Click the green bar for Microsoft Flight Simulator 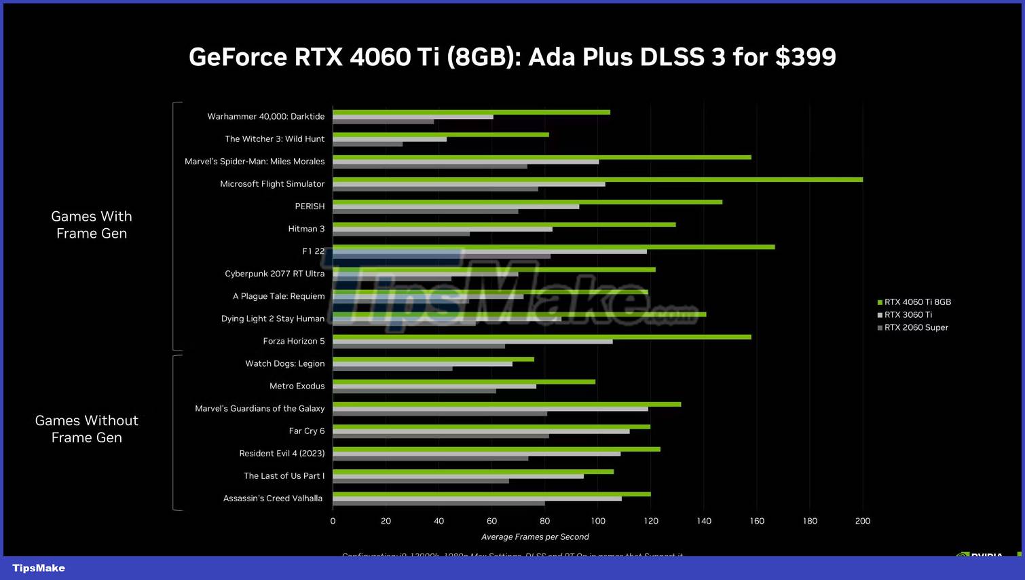(597, 179)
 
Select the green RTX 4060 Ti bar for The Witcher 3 (441, 134)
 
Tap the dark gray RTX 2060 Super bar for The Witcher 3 (367, 144)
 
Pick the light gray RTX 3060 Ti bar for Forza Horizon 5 (472, 342)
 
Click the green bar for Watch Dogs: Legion (433, 359)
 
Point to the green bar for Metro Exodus (464, 382)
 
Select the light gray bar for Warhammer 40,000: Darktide (413, 117)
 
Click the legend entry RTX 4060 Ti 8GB (917, 302)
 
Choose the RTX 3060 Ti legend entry (908, 315)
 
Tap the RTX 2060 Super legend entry (916, 327)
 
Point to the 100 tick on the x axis (598, 521)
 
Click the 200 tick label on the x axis (863, 521)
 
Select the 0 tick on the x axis (333, 521)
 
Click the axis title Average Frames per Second (535, 537)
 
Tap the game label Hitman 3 (306, 229)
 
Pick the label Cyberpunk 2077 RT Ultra (275, 274)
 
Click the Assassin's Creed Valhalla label (273, 499)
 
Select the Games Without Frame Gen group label (87, 429)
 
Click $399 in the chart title (806, 57)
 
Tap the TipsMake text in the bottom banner (39, 568)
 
